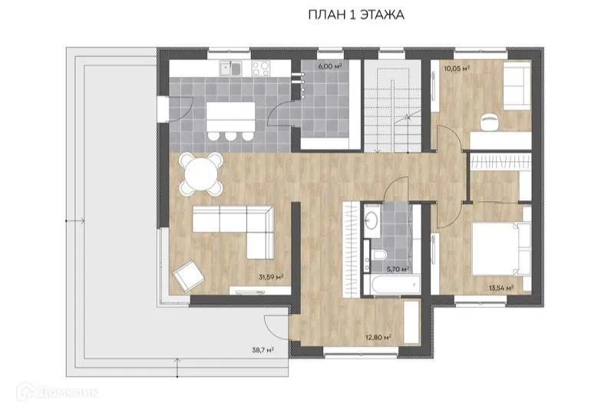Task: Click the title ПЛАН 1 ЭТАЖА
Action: click(355, 15)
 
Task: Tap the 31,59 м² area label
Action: click(271, 277)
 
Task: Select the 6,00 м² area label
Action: click(330, 67)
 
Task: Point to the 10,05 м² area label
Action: click(457, 68)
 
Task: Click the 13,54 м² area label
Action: click(501, 288)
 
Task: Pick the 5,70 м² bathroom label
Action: click(398, 269)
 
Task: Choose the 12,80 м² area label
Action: click(378, 338)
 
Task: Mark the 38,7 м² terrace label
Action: click(263, 350)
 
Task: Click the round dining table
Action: click(201, 174)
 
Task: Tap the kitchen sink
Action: click(231, 69)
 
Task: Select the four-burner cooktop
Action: click(261, 68)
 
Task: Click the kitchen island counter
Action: click(231, 117)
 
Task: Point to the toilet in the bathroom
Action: click(378, 255)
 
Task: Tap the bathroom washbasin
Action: click(372, 221)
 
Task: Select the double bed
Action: click(501, 249)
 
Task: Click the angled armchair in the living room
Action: click(189, 275)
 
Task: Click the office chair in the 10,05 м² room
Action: click(490, 123)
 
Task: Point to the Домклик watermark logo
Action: click(58, 391)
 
